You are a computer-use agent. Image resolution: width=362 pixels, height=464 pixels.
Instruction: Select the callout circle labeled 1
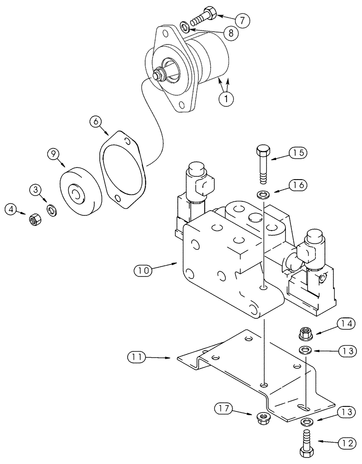pos(226,98)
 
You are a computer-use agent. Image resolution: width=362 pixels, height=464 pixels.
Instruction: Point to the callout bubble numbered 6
pos(96,122)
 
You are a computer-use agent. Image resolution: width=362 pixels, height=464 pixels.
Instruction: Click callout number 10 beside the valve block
pos(144,269)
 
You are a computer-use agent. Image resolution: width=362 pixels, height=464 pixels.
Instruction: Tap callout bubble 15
pos(299,153)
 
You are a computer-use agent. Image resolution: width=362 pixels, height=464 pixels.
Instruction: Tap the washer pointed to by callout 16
pos(264,193)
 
